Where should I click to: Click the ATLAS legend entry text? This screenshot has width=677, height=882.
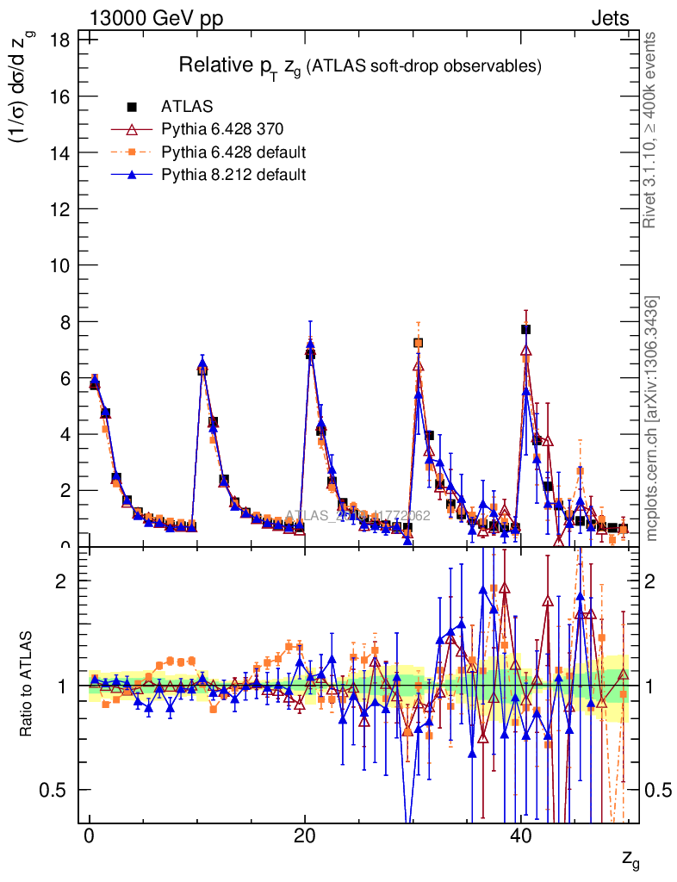pos(187,108)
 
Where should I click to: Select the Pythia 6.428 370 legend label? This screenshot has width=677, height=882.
pos(222,130)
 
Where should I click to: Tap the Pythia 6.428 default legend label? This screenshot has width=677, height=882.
pos(233,152)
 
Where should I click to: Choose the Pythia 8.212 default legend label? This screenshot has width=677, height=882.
pos(233,175)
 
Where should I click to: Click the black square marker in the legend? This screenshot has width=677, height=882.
pos(133,108)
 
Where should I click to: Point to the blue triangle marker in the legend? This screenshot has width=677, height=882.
pos(133,175)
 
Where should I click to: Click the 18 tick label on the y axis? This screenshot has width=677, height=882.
pos(59,39)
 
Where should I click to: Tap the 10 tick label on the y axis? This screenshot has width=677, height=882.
pos(59,265)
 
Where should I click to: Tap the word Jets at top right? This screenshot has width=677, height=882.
pos(610,18)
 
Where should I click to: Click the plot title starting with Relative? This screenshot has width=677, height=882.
pos(359,65)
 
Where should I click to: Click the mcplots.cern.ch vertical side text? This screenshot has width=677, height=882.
pos(652,419)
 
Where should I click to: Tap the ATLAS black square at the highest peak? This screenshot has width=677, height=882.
pos(525,329)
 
